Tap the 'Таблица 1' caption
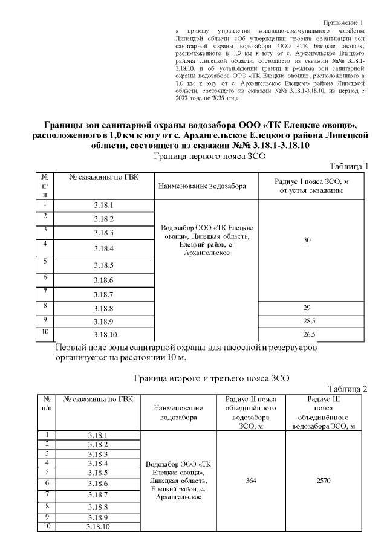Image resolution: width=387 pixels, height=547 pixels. (348, 166)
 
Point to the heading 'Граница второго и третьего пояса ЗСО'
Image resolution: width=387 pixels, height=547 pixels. (210, 378)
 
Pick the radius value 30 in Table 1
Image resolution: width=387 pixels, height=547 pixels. (307, 241)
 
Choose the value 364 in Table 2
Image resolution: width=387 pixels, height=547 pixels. (251, 481)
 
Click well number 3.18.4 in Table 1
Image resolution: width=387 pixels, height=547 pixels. (104, 248)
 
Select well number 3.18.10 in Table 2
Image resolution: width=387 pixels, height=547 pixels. (97, 527)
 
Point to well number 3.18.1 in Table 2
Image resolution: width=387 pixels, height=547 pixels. (97, 435)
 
